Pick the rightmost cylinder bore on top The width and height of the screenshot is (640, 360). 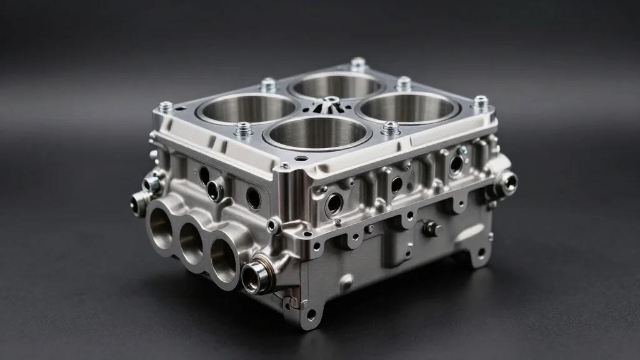(x=407, y=107)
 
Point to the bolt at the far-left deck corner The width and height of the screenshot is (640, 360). (x=166, y=107)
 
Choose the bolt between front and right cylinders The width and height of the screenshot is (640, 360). (x=391, y=127)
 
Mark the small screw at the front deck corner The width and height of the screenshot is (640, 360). (x=284, y=166)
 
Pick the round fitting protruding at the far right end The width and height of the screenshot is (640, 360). (x=507, y=182)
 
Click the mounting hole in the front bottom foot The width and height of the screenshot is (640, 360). (x=311, y=315)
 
